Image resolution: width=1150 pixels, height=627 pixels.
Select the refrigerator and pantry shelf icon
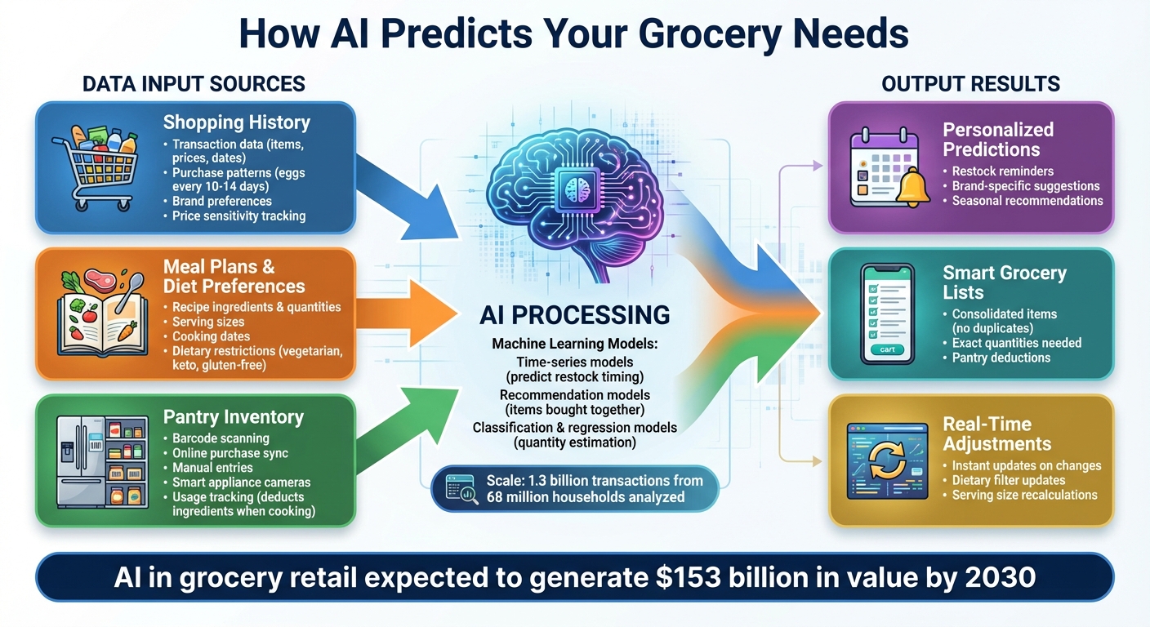tap(102, 461)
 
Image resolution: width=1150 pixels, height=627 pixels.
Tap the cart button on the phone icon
tap(887, 349)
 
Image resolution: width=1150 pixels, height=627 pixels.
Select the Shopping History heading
tap(236, 122)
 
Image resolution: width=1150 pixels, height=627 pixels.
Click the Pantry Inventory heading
tap(233, 417)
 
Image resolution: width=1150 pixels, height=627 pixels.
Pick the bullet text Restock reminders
tap(1002, 171)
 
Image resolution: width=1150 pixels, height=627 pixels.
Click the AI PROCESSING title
tap(574, 314)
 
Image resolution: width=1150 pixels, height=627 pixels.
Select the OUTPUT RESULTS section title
tap(970, 83)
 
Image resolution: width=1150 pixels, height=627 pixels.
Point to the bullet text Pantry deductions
tap(1001, 358)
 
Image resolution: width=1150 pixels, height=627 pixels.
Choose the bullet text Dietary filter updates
tap(1008, 480)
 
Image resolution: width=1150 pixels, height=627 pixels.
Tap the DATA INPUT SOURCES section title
tap(194, 83)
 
